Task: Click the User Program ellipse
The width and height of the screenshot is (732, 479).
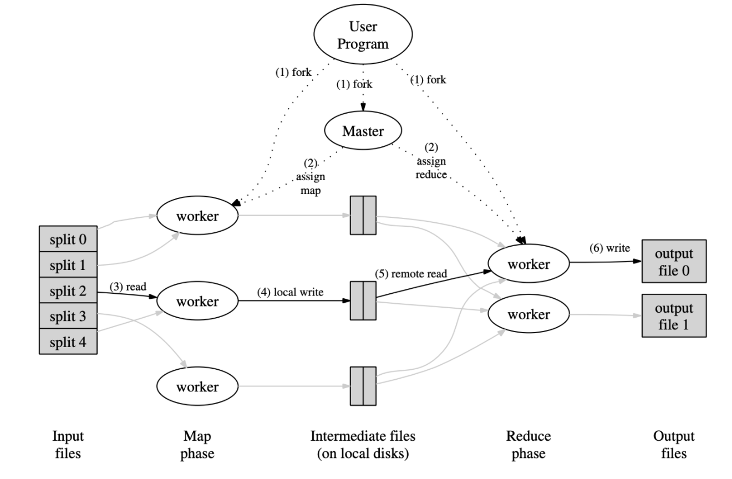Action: pyautogui.click(x=363, y=35)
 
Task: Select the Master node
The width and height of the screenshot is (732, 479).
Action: pyautogui.click(x=363, y=131)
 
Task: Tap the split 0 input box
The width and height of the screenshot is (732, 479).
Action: pyautogui.click(x=68, y=240)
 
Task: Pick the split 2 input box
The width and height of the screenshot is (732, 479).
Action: pyautogui.click(x=68, y=291)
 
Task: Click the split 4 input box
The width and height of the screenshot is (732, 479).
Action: pyautogui.click(x=68, y=340)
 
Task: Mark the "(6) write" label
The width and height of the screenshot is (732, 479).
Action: pyautogui.click(x=609, y=248)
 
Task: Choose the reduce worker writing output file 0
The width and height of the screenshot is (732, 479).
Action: pyautogui.click(x=528, y=264)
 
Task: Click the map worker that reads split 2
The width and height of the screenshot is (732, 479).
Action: pyautogui.click(x=197, y=302)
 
